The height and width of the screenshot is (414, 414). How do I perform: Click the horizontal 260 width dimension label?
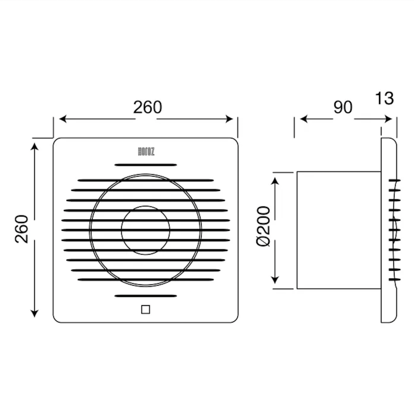click(147, 107)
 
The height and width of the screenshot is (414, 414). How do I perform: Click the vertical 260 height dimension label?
click(21, 229)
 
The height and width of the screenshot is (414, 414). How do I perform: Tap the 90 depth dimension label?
click(343, 107)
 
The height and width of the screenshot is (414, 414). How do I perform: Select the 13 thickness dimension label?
click(384, 98)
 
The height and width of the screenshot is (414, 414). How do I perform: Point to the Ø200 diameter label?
click(263, 226)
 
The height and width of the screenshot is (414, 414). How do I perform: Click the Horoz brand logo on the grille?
click(146, 151)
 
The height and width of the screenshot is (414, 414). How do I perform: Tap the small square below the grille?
click(146, 309)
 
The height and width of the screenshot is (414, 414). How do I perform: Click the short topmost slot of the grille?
click(146, 165)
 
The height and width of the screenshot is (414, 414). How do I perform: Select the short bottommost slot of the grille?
click(146, 296)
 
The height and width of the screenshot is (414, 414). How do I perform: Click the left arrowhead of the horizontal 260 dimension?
click(62, 119)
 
